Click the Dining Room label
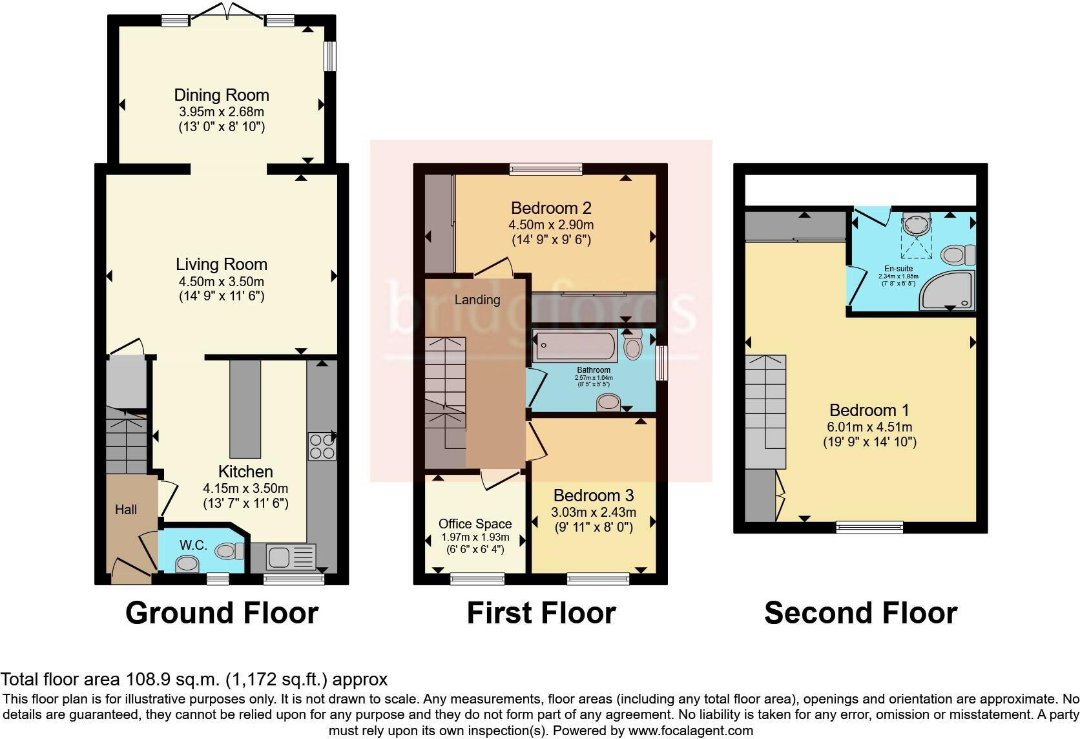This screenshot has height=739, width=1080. click(222, 95)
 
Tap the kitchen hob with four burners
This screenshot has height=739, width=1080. click(322, 446)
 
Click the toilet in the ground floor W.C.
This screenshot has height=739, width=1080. click(229, 551)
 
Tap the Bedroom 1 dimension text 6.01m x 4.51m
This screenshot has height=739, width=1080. click(869, 427)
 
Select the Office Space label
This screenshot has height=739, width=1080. click(475, 524)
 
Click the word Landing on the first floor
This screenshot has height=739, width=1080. click(477, 300)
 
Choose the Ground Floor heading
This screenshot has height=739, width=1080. click(222, 612)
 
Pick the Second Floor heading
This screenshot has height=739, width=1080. click(860, 612)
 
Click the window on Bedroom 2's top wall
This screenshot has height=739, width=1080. click(546, 169)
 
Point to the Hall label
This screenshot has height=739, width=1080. click(126, 510)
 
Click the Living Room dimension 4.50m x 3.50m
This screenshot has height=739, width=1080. click(222, 282)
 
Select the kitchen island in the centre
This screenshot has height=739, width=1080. click(245, 408)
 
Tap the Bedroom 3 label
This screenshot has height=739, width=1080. click(594, 495)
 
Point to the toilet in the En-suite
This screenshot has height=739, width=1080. click(957, 255)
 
